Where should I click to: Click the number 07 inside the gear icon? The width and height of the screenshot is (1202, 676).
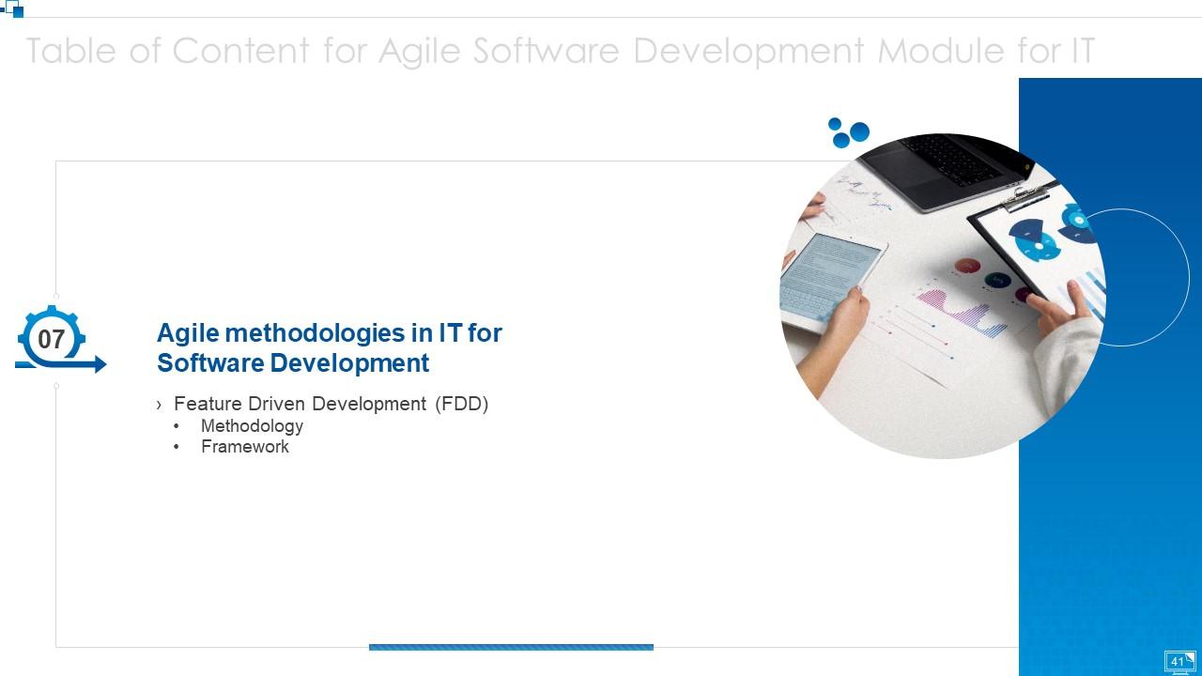[x=51, y=339]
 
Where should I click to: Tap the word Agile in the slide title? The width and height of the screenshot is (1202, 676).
[x=420, y=51]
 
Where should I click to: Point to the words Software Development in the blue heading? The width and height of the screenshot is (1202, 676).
[x=293, y=363]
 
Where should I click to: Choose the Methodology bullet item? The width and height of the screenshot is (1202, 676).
[x=252, y=426]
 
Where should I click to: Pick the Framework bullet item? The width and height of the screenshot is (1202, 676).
[x=245, y=447]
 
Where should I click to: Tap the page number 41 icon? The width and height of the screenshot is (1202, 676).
[x=1179, y=662]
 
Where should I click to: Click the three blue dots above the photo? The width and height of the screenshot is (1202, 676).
[x=848, y=132]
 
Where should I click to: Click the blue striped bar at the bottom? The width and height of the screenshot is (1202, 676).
[x=511, y=647]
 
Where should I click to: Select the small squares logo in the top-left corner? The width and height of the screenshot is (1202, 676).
[x=13, y=8]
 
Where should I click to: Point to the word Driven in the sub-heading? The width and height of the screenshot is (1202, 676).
[x=276, y=404]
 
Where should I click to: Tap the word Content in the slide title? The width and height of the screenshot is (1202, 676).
[x=239, y=51]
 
